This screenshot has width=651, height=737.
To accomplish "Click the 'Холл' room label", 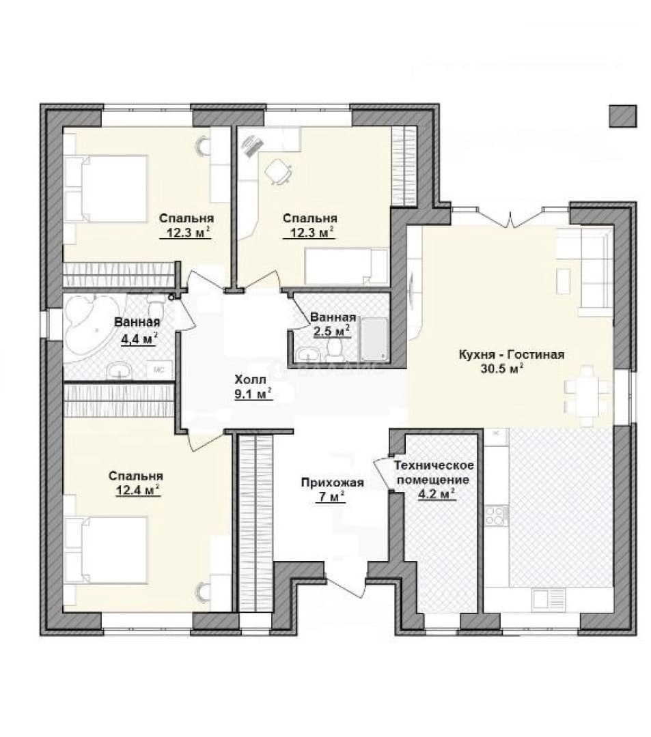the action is tap(250, 379).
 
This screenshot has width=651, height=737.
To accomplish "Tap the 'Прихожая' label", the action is tap(333, 482).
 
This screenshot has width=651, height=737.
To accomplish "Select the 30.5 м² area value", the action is tap(502, 369).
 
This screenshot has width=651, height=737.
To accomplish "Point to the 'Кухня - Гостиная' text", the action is tap(511, 354).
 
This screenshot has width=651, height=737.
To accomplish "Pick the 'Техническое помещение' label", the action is tap(434, 473).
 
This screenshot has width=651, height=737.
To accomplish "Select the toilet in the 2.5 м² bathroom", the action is tap(335, 348).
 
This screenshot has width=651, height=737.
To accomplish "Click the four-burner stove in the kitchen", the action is tap(496, 515).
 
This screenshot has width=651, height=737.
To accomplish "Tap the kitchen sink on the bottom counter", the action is tap(549, 600).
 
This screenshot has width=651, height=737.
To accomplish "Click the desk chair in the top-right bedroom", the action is tap(277, 171).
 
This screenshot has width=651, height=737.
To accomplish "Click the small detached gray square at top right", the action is tap(623, 115).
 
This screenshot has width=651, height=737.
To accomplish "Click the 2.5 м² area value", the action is tap(331, 330).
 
